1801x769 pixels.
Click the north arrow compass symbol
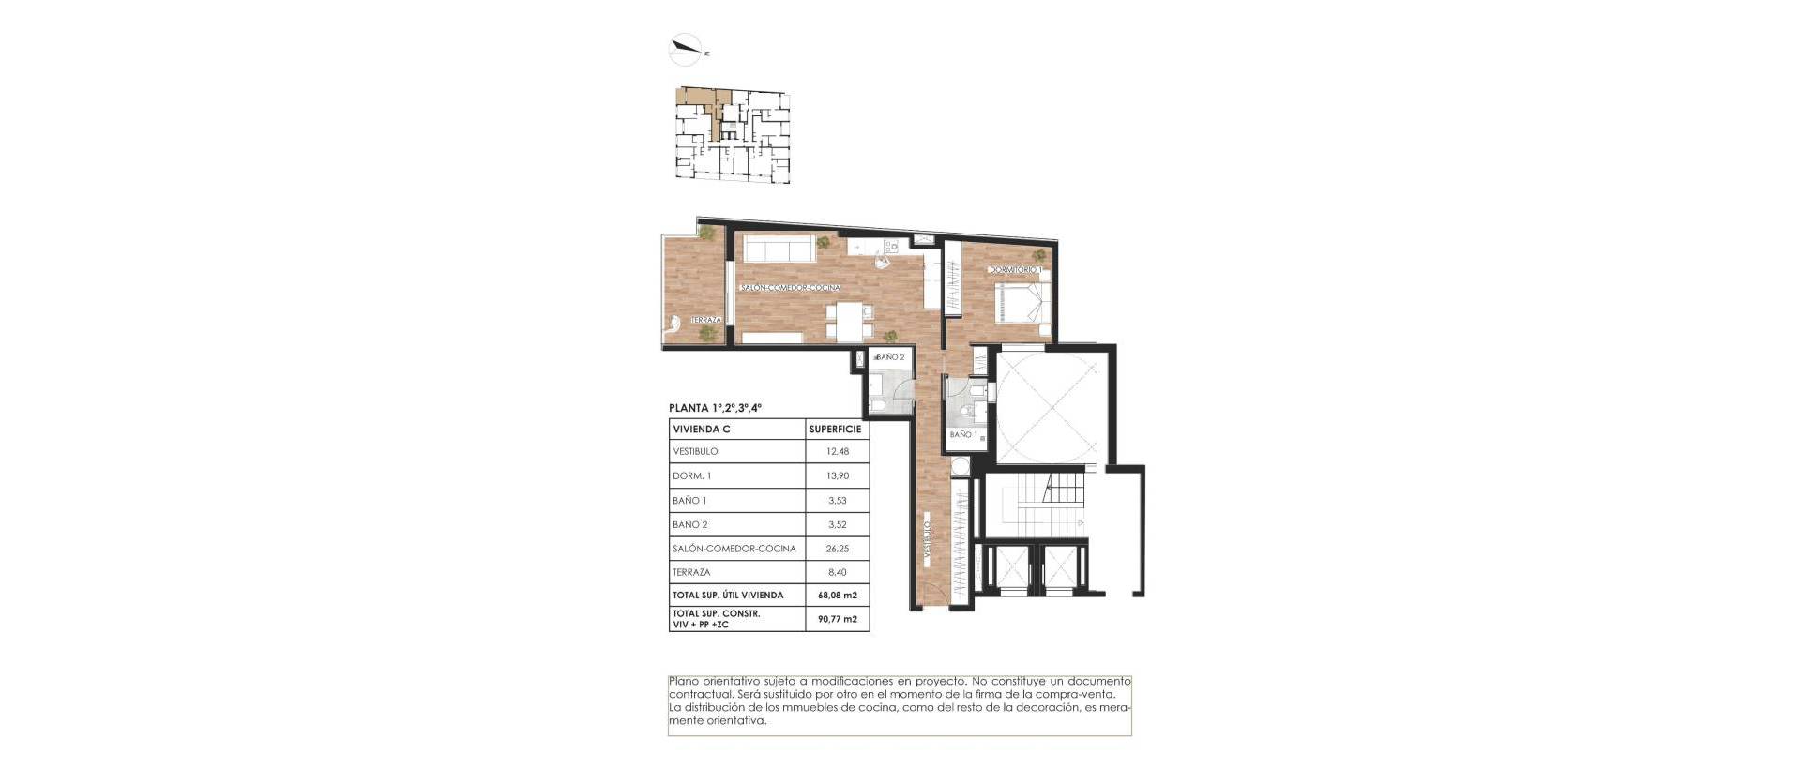click(687, 50)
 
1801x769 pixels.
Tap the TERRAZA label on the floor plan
click(706, 320)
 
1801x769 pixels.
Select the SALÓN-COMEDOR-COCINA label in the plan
click(790, 288)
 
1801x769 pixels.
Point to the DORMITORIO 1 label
click(1016, 270)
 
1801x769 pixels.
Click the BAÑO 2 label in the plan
click(888, 357)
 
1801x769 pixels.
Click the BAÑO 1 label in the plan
click(963, 435)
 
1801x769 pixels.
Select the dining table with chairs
click(194, 322)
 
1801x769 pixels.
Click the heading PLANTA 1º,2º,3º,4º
click(715, 408)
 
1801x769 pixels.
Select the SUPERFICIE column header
click(835, 430)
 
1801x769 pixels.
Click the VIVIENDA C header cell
click(702, 430)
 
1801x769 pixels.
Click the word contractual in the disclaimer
click(699, 694)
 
